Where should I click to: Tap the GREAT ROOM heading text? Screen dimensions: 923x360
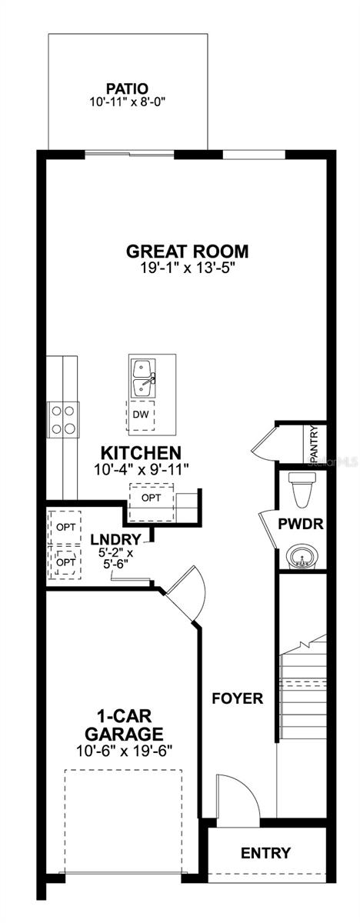click(188, 251)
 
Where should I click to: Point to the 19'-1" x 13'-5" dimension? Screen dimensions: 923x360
click(188, 268)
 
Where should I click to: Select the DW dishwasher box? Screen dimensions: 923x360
click(140, 415)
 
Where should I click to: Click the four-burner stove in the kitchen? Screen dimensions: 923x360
click(63, 420)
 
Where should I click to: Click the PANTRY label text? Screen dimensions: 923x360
click(313, 444)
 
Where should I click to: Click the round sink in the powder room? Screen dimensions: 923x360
click(301, 557)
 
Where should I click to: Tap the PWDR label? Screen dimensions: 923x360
click(300, 525)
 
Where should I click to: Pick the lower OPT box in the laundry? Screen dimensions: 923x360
click(65, 563)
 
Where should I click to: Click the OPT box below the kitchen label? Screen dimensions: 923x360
click(152, 498)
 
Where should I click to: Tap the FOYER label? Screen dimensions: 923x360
click(238, 699)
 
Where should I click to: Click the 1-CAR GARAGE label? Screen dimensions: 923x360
click(125, 724)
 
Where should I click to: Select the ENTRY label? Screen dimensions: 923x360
click(266, 853)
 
